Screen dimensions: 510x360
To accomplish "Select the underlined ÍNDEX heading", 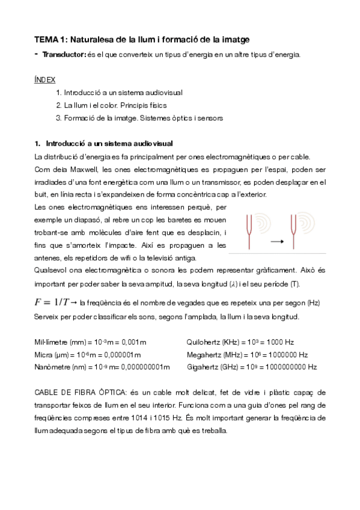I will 46,79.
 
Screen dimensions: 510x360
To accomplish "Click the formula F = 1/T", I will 55,301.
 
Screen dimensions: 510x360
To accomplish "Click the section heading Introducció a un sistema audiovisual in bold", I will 109,144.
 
